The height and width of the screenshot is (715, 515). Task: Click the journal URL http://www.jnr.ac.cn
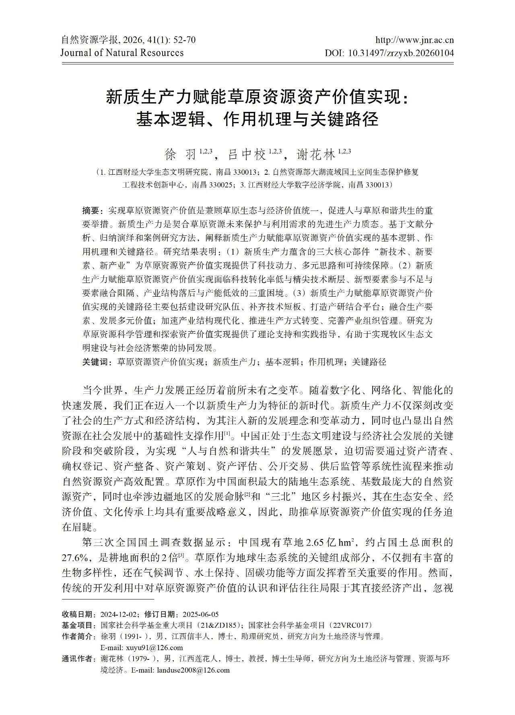coord(414,40)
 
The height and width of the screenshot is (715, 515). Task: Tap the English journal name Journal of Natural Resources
coord(122,53)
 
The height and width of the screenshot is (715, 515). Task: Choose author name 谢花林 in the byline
coord(315,154)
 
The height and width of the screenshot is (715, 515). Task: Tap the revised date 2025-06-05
coord(200,614)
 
